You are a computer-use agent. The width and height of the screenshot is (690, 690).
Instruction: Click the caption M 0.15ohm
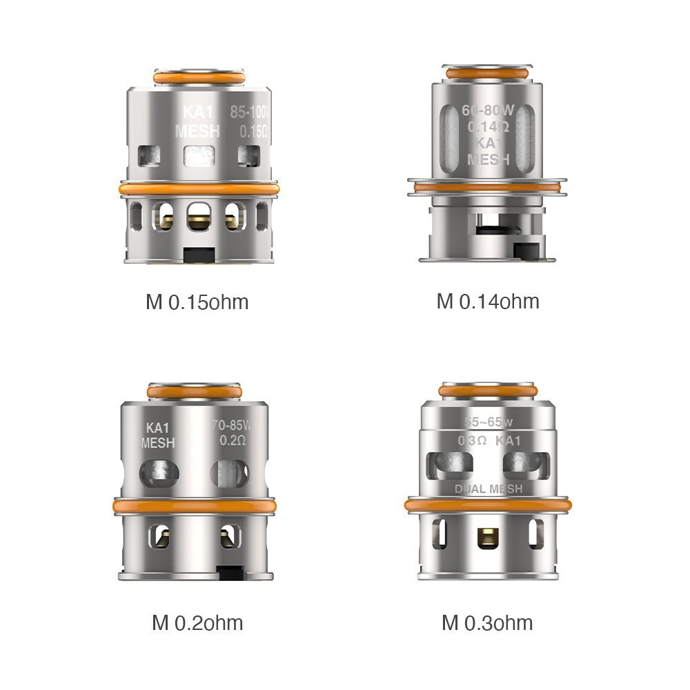pyautogui.click(x=197, y=302)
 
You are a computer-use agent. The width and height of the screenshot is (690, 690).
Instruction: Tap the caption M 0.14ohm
pyautogui.click(x=488, y=301)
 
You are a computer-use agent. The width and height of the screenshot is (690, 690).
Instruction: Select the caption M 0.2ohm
pyautogui.click(x=197, y=623)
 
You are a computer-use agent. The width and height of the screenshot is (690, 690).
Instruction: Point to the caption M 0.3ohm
pyautogui.click(x=487, y=623)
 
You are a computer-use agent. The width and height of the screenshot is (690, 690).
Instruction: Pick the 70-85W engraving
pyautogui.click(x=232, y=425)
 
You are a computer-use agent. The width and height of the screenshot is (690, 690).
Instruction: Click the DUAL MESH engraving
pyautogui.click(x=488, y=489)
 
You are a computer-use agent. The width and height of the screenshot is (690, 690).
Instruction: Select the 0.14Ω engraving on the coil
pyautogui.click(x=488, y=127)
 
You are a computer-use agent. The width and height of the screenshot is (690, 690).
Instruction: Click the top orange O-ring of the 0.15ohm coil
pyautogui.click(x=198, y=77)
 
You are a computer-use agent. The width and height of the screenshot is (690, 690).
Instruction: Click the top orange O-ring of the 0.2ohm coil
pyautogui.click(x=195, y=391)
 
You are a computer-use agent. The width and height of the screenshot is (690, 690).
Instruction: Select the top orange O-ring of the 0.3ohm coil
pyautogui.click(x=488, y=391)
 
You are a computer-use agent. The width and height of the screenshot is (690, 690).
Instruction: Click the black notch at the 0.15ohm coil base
pyautogui.click(x=198, y=255)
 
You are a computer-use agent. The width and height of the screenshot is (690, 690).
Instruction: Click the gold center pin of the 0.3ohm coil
pyautogui.click(x=488, y=536)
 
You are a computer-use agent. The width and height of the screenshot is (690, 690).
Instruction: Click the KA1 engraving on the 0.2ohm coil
pyautogui.click(x=158, y=428)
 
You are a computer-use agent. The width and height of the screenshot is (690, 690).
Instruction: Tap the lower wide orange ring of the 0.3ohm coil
pyautogui.click(x=488, y=505)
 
